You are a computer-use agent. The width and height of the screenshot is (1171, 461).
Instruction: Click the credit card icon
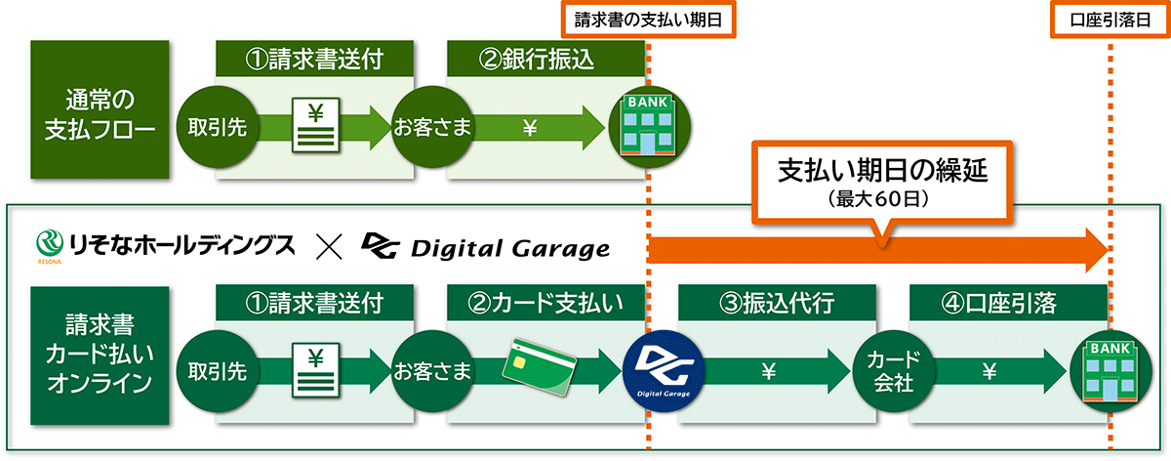point(539,368)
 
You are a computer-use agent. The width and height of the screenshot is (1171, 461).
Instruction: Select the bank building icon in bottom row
point(1110,371)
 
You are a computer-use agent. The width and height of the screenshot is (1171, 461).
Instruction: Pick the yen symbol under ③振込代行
point(767,371)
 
